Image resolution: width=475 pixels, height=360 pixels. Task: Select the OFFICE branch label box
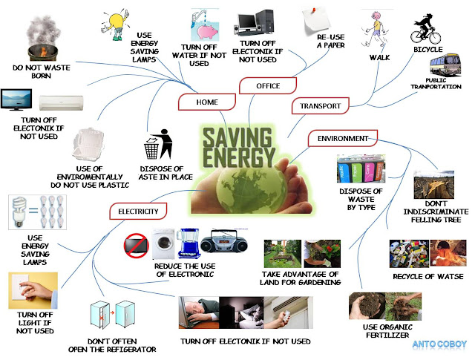coord(268,86)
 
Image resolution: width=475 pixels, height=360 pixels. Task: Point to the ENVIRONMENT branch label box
coord(342,138)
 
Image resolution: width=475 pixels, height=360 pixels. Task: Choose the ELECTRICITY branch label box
coord(138,212)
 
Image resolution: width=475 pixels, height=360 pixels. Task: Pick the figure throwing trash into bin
coord(154,144)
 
